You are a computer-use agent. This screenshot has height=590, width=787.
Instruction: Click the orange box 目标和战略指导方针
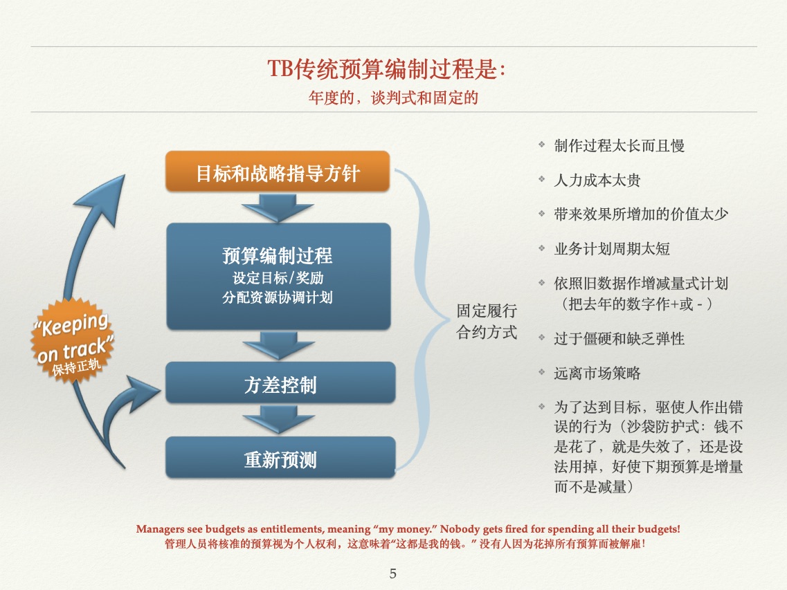coord(278,172)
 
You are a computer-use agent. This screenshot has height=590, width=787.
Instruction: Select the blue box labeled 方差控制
coord(280,385)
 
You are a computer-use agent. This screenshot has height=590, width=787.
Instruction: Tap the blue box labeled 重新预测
coord(280,459)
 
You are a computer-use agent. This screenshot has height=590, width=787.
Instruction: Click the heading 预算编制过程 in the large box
coord(278,256)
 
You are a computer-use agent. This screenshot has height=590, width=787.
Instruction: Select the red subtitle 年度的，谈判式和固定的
coord(392,98)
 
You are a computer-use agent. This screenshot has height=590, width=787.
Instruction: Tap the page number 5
coord(393,573)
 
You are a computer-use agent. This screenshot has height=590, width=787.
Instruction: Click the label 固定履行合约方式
coord(487,322)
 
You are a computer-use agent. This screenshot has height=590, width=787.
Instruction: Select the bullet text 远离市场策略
coord(597,374)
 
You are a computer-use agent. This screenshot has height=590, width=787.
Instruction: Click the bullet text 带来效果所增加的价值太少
coord(641,214)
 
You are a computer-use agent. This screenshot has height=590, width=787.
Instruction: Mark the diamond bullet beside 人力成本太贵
coord(542,180)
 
